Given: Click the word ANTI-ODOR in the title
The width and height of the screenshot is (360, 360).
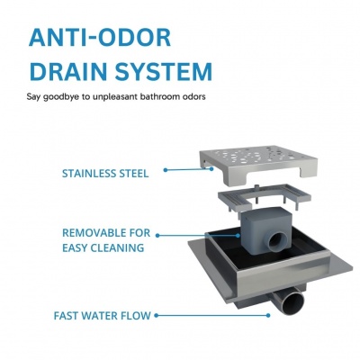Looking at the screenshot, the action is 100,38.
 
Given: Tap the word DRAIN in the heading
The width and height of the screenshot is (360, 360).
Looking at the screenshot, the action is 69,71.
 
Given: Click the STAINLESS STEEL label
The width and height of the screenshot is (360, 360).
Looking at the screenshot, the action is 105,174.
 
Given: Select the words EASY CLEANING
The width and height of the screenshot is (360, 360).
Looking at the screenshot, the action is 103,248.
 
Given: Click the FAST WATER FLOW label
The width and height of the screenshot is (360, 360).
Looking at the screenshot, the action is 103,316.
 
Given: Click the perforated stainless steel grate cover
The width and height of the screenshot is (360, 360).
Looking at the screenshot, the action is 258,165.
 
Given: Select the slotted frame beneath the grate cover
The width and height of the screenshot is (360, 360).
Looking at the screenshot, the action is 264,199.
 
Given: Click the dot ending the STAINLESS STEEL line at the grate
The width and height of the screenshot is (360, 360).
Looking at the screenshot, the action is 211,169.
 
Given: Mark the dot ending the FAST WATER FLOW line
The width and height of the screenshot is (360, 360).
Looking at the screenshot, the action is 268,315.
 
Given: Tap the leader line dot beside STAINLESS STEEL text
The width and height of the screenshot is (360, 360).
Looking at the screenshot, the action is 166,170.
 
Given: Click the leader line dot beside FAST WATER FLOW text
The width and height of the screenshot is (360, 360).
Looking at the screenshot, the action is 156,315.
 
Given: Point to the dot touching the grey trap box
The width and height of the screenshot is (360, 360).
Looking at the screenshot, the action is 238,236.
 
